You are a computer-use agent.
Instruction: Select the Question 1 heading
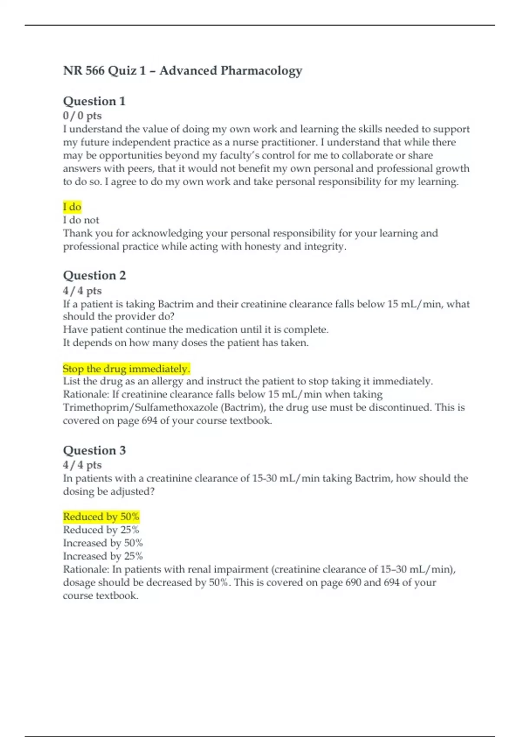[x=94, y=101]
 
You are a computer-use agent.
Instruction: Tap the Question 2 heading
[x=94, y=275]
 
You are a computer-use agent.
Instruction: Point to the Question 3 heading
[x=94, y=450]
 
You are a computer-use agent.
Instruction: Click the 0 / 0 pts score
[x=82, y=116]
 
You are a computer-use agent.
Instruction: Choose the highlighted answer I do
[x=72, y=207]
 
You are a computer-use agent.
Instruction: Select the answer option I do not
[x=81, y=220]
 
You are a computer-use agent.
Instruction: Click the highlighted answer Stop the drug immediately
[x=126, y=368]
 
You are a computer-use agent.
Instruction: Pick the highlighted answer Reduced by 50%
[x=101, y=516]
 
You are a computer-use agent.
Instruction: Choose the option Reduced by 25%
[x=101, y=530]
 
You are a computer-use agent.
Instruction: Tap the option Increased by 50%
[x=103, y=543]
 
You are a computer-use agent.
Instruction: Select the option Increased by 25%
[x=103, y=556]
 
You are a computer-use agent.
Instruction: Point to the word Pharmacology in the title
[x=261, y=70]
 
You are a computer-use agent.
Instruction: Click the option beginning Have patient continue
[x=195, y=329]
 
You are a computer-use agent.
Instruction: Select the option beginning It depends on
[x=185, y=342]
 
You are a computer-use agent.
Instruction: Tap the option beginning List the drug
[x=248, y=382]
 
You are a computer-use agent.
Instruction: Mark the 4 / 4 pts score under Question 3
[x=82, y=465]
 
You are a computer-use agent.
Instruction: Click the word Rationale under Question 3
[x=86, y=569]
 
